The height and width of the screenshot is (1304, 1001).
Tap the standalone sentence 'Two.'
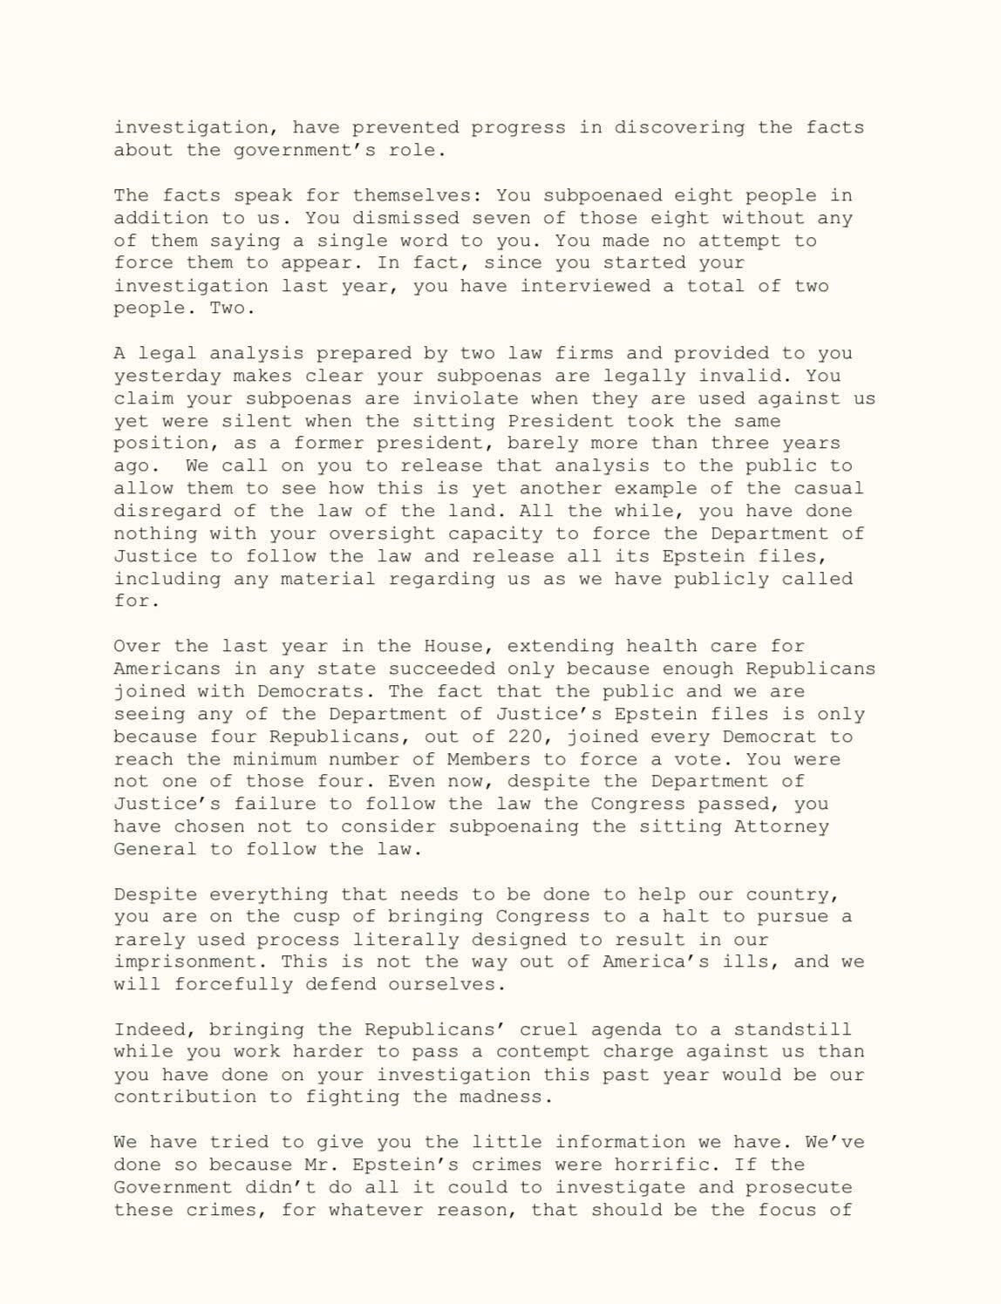pos(228,309)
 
